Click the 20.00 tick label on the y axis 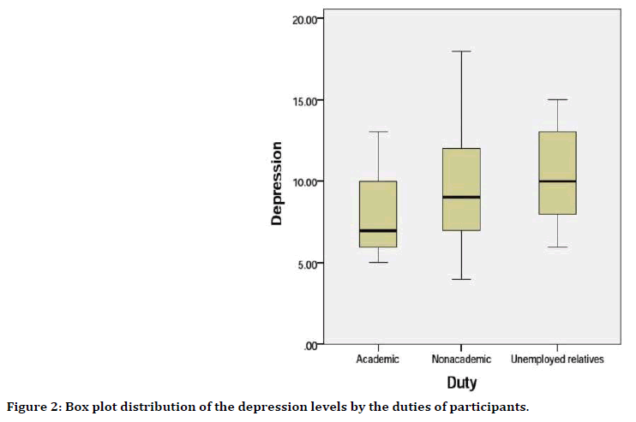point(305,19)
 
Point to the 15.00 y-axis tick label point(305,100)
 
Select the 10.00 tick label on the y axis point(305,181)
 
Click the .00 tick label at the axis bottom point(312,345)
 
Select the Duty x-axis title point(461,383)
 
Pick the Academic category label point(378,360)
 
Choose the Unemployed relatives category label point(557,360)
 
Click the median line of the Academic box point(378,230)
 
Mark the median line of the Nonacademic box point(461,197)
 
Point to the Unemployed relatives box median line point(557,181)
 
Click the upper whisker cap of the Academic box point(378,132)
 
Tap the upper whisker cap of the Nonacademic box point(461,51)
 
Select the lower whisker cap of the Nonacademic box point(461,279)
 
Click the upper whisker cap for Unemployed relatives point(557,100)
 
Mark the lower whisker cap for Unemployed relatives point(557,247)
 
